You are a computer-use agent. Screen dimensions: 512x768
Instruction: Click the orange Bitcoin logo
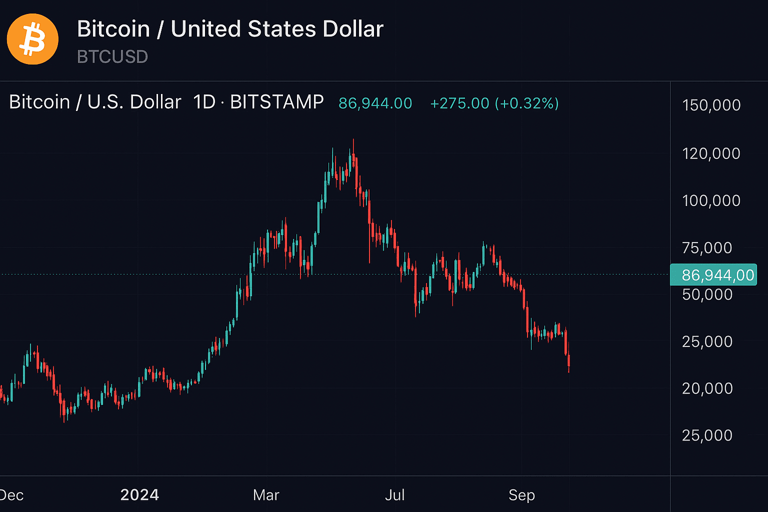tap(32, 39)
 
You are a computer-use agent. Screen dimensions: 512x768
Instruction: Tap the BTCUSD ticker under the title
tap(112, 57)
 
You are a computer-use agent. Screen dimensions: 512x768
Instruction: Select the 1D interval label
tap(204, 102)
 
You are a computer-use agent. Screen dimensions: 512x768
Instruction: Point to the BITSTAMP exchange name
tap(277, 102)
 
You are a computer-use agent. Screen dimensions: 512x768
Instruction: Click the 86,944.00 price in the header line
tap(375, 103)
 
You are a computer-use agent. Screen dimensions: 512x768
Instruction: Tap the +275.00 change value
tap(459, 103)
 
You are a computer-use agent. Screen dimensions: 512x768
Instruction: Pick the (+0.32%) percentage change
tap(526, 103)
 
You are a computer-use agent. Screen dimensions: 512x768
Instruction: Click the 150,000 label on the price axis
tap(711, 105)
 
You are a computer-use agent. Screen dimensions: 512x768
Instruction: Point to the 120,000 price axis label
tap(711, 153)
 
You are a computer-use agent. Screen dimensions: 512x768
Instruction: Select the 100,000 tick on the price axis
tap(711, 200)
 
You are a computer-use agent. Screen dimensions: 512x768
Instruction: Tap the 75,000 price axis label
tap(707, 247)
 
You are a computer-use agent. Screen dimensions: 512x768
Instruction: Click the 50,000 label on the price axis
tap(707, 294)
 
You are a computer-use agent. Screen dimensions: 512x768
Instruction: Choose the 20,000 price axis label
tap(707, 388)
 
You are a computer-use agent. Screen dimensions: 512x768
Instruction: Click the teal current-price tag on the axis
tap(713, 274)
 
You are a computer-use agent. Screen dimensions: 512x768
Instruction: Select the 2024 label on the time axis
tap(139, 495)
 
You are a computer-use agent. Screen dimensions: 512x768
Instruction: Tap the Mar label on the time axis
tap(266, 495)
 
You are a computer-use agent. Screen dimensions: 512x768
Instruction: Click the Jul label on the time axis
tap(394, 495)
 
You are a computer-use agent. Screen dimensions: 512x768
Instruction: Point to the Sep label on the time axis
tap(521, 495)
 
